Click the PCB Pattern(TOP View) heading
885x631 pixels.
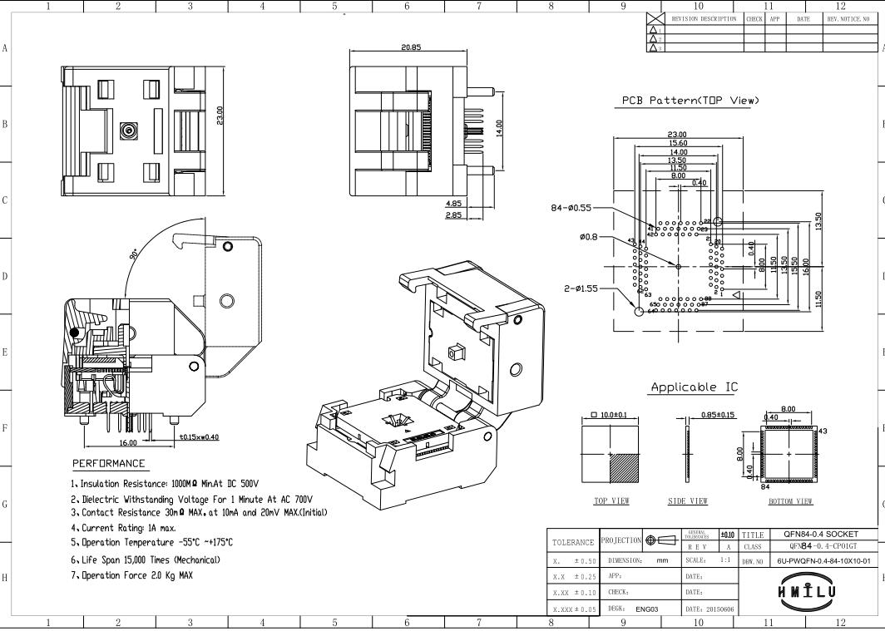tap(690, 101)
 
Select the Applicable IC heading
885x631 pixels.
tap(694, 387)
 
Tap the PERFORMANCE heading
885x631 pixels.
tap(108, 463)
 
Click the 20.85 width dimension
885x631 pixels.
tap(411, 47)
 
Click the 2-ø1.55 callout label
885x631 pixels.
tap(581, 288)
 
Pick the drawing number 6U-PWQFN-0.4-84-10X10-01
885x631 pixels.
tap(823, 560)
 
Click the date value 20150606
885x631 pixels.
tap(719, 609)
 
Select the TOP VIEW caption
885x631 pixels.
tap(611, 500)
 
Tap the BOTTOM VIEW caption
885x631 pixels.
tap(790, 500)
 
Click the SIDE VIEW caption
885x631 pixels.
tap(688, 500)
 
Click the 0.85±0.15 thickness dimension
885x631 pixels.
tap(719, 415)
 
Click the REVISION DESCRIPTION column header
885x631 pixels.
tap(704, 18)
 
